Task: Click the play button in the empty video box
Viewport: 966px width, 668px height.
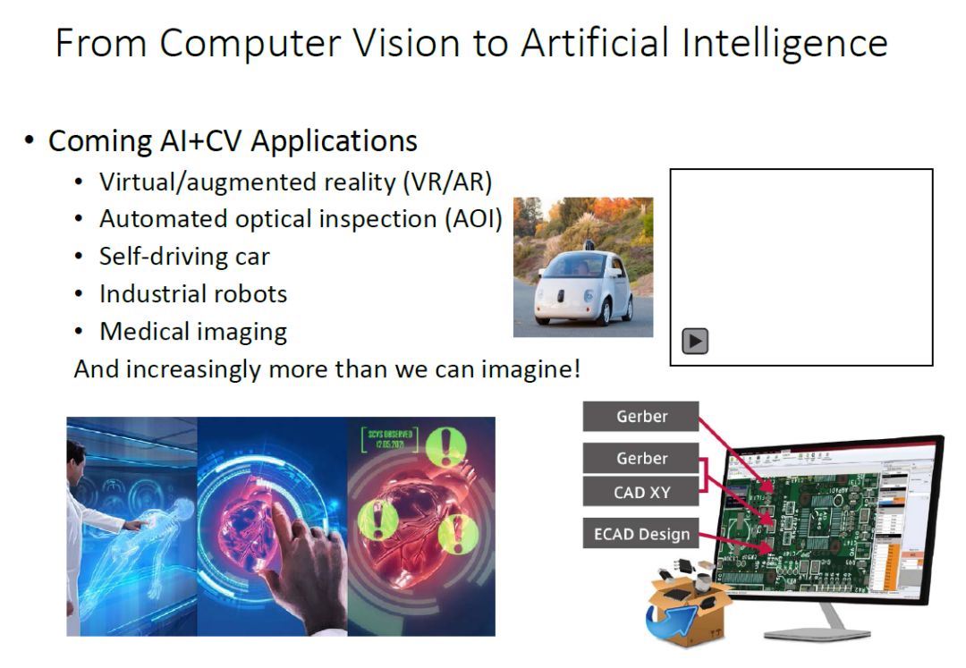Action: click(695, 341)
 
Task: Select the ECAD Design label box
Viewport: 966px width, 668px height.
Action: click(641, 535)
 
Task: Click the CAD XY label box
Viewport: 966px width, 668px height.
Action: click(641, 493)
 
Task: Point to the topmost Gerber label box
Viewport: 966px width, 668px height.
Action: click(641, 416)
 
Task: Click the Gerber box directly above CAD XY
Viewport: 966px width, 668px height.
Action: click(641, 458)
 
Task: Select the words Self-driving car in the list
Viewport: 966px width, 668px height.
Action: click(184, 257)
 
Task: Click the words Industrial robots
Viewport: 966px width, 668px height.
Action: click(193, 293)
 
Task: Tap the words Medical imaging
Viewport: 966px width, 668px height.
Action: click(193, 332)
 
